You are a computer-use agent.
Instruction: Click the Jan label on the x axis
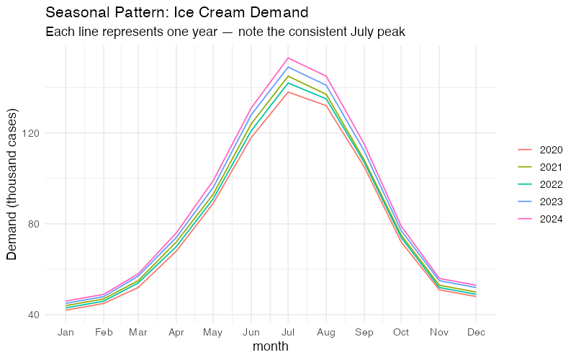(x=66, y=332)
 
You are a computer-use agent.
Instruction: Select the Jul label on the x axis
(x=288, y=332)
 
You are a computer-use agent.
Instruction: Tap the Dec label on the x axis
(x=475, y=332)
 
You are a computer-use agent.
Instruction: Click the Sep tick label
(x=364, y=332)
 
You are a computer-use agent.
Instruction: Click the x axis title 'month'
(x=271, y=346)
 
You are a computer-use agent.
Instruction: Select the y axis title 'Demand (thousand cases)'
(x=12, y=184)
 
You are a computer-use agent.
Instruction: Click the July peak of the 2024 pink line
(x=288, y=58)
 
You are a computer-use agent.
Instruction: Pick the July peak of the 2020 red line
(x=288, y=92)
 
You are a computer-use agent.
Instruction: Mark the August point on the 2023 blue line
(x=326, y=85)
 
